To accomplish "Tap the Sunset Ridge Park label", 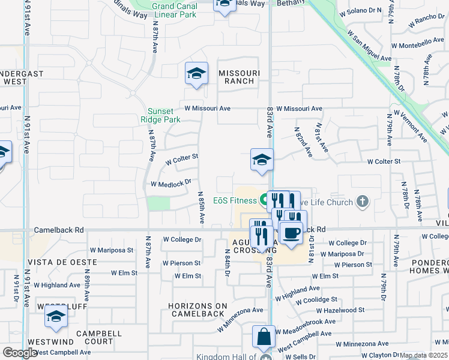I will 164,115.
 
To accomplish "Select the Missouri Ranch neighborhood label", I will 239,77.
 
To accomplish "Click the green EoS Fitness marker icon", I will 264,201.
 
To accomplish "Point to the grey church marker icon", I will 362,202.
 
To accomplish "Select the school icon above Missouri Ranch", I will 196,74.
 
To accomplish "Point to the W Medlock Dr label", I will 170,183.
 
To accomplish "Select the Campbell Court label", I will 99,337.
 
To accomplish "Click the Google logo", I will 20,353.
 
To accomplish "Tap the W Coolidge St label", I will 314,299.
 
